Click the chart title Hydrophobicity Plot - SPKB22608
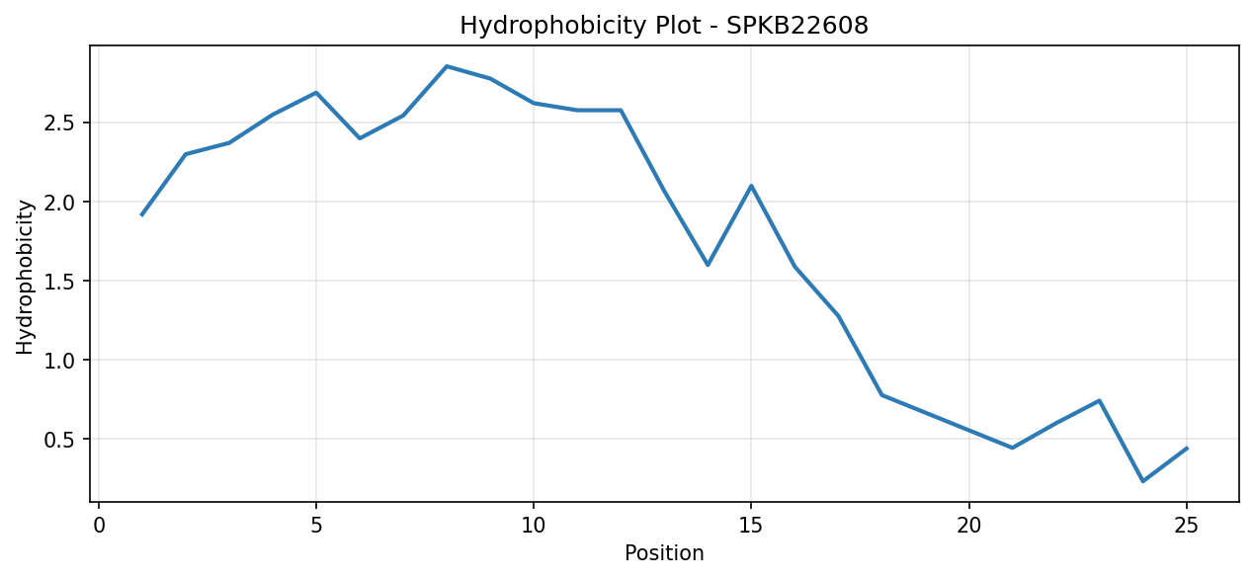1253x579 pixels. click(664, 26)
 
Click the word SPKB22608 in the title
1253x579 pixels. click(797, 25)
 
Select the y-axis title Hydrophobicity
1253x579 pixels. click(25, 278)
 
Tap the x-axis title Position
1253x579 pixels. click(664, 552)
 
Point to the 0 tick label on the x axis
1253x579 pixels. click(99, 526)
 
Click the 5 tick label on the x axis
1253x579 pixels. click(316, 526)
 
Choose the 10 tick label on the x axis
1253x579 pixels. click(534, 526)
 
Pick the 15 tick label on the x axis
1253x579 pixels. click(751, 526)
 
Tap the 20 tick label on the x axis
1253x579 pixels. click(968, 526)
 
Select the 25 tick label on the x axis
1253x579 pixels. click(1186, 526)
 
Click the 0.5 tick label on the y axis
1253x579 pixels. click(59, 439)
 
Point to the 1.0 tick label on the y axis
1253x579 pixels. click(59, 361)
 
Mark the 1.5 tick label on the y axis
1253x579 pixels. click(59, 281)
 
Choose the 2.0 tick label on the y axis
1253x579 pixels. click(59, 202)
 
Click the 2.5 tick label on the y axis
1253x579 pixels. click(59, 124)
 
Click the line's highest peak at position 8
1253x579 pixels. click(447, 66)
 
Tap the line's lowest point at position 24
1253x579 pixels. click(1142, 481)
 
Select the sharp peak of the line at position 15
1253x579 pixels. click(751, 185)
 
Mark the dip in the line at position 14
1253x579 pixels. click(708, 265)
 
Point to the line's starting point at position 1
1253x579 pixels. click(142, 214)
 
